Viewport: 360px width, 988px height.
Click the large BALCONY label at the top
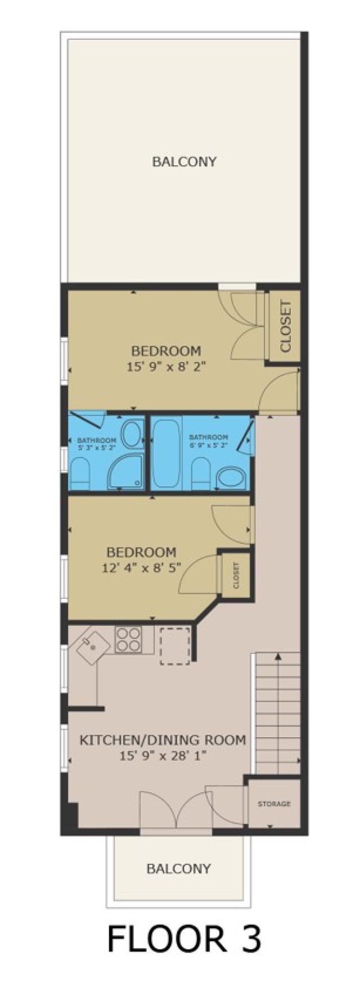(184, 162)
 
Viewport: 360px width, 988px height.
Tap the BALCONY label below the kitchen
(178, 869)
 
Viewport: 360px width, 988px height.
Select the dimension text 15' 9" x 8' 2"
(165, 367)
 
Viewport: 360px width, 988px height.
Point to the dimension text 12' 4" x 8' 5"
(142, 567)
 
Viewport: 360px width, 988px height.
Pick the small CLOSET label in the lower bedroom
(236, 576)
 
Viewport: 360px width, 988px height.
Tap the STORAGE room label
(274, 804)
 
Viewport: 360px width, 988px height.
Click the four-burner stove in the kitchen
(128, 640)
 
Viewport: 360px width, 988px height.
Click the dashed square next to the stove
(175, 647)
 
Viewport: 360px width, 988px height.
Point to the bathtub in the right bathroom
(165, 453)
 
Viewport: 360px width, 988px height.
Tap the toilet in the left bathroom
(79, 473)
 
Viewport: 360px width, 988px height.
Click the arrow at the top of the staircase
(278, 656)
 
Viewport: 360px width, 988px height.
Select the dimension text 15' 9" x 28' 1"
(163, 756)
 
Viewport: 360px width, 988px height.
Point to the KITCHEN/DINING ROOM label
(163, 740)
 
